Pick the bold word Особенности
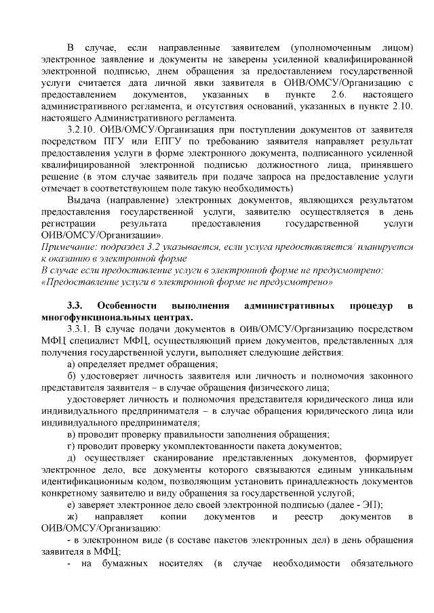click(x=127, y=305)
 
